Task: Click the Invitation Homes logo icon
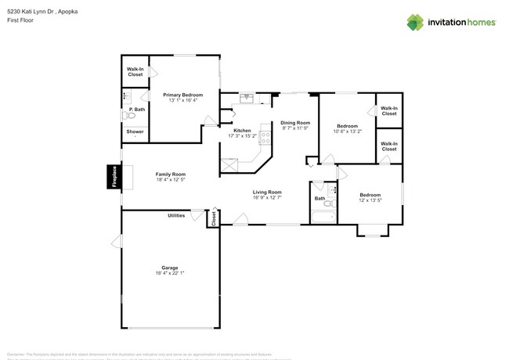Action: (415, 22)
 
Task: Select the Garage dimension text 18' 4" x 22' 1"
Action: (170, 272)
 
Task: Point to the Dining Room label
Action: (295, 123)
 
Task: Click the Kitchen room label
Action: (242, 131)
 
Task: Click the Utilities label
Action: (176, 214)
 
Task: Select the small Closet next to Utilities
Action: (212, 219)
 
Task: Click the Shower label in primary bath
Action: (135, 131)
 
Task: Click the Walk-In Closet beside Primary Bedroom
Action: (135, 71)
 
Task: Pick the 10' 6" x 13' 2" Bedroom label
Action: (347, 126)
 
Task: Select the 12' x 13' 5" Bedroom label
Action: (370, 195)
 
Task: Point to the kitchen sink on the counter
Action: (247, 98)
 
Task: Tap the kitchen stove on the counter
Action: (265, 137)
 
